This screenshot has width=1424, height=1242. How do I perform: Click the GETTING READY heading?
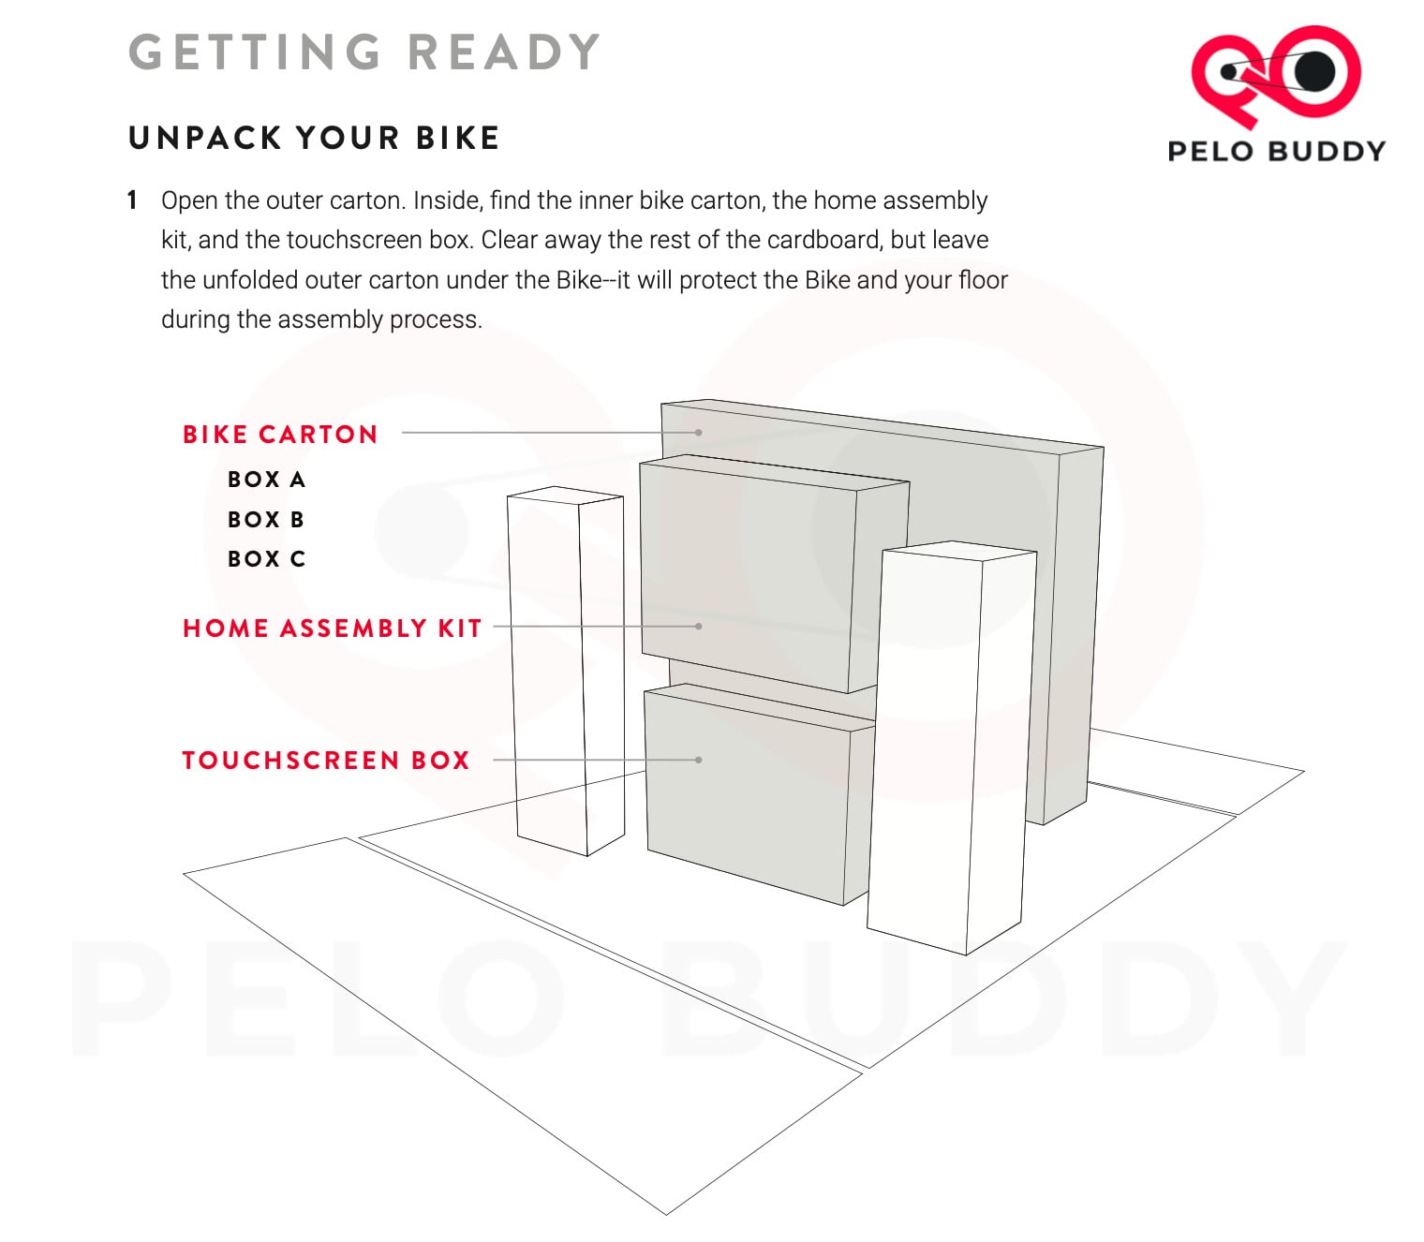[364, 52]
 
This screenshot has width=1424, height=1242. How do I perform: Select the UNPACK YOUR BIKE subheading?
[314, 138]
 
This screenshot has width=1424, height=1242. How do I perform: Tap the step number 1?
[132, 200]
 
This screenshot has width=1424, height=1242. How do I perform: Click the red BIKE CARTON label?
[280, 435]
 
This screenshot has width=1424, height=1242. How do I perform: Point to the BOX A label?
[267, 480]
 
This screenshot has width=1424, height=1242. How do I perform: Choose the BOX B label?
[266, 519]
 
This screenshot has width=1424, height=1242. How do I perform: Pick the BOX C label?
[267, 559]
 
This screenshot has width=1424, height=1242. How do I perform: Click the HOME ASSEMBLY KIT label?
[332, 628]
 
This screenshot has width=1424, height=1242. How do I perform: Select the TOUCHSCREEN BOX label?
[326, 760]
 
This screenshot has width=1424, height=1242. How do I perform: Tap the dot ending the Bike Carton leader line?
[698, 432]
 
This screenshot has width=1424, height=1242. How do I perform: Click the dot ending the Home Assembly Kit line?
[698, 627]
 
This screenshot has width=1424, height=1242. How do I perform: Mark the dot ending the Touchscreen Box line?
[698, 760]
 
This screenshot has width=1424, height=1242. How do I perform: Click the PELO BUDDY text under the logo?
[1277, 151]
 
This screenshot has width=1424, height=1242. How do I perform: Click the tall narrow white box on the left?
[566, 672]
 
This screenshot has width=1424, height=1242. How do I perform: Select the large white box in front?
[951, 748]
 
